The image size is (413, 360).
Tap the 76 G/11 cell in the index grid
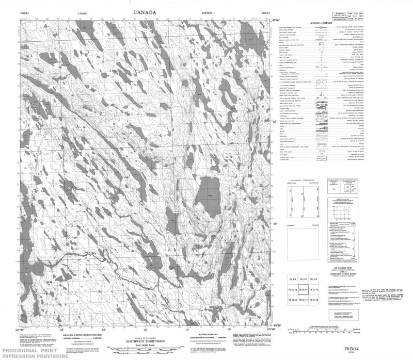[306, 300]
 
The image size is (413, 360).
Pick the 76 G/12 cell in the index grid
[293, 300]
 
